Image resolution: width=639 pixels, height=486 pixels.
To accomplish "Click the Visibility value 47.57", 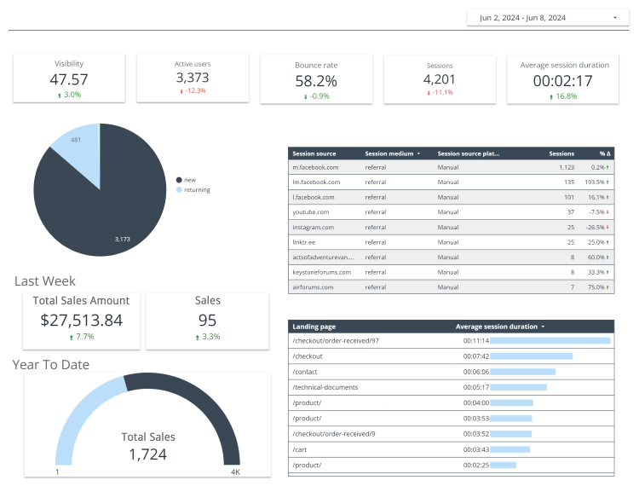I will point(69,79).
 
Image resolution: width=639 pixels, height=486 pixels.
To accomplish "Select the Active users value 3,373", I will point(193,78).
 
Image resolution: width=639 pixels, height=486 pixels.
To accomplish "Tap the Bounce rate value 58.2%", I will point(316,81).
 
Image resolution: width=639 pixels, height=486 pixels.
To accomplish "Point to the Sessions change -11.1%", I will point(440,92).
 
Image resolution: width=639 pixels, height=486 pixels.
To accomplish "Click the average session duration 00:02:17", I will point(563,81).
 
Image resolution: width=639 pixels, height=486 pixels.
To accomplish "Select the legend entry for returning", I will point(196,189).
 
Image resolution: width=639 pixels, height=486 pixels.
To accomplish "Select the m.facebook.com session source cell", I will point(316,168).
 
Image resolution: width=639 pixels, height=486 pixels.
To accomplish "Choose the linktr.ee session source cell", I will point(304,242).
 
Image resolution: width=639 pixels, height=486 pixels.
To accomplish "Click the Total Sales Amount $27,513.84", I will point(82,321).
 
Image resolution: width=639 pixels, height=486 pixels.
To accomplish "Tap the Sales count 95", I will point(207,321).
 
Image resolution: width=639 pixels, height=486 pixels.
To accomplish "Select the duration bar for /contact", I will point(523,372).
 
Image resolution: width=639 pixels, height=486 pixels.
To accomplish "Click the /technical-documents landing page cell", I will point(325,387).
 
